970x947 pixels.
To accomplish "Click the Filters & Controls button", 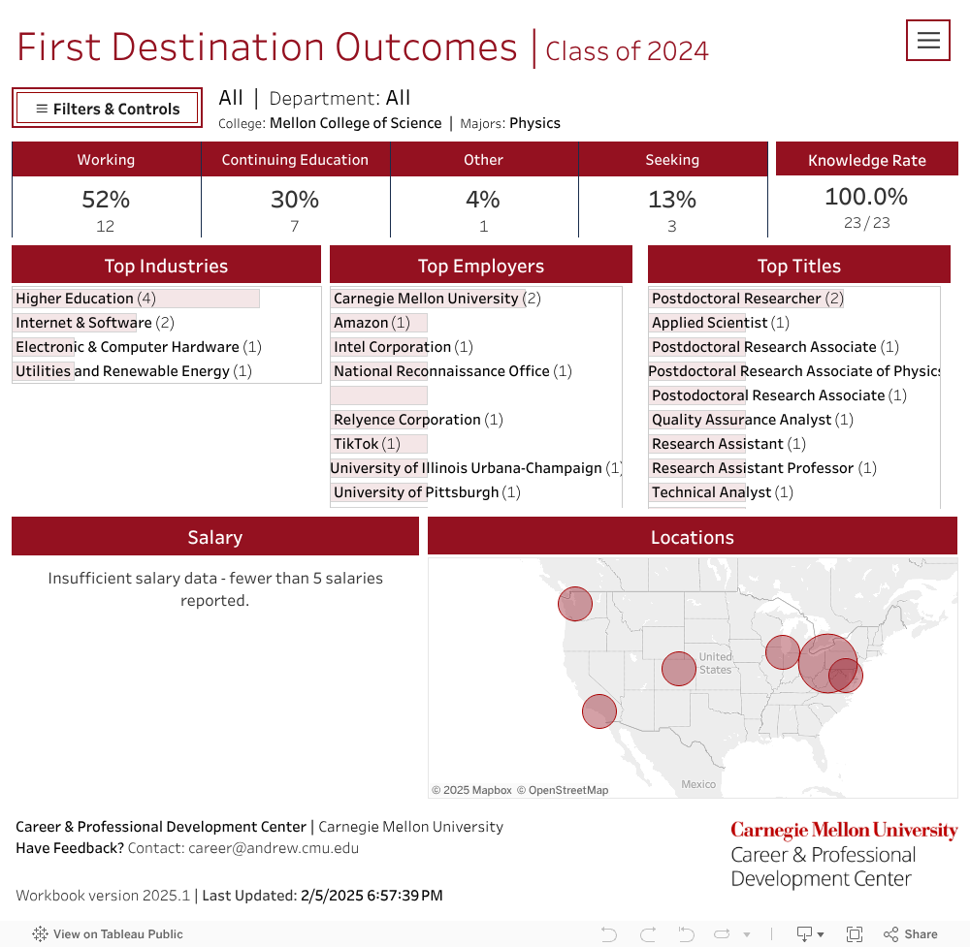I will click(107, 109).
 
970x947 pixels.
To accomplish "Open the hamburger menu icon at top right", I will click(928, 41).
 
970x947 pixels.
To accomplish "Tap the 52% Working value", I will click(106, 200).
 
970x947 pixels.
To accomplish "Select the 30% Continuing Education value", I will click(295, 200).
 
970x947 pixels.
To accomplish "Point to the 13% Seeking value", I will click(672, 200).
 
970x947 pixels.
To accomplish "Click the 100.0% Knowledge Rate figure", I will click(866, 197).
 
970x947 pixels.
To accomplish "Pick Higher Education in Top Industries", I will click(75, 299).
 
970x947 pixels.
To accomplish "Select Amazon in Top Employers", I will click(361, 323).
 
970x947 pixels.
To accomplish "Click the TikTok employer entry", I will click(356, 444).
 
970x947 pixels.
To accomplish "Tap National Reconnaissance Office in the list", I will click(441, 371).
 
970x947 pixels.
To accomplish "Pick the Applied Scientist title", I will click(709, 323).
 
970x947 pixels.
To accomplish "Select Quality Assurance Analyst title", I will click(741, 420).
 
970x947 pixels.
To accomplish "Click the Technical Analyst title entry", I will click(711, 492).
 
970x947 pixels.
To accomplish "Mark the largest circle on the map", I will click(827, 663).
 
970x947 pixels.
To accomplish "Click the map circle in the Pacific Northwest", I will click(575, 604).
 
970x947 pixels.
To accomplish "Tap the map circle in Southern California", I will click(599, 711).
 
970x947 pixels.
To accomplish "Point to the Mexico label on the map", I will click(698, 784).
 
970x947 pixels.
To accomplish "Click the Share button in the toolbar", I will click(911, 934).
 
